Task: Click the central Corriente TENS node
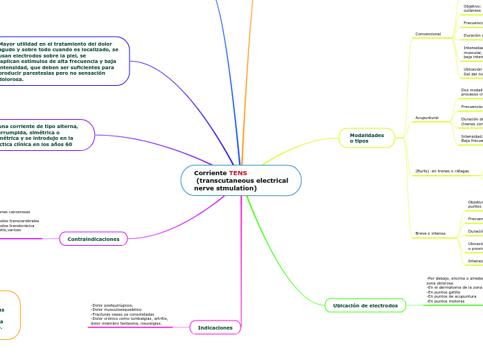[240, 181]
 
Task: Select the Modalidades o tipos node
[367, 138]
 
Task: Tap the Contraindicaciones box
[94, 239]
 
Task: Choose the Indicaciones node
[215, 327]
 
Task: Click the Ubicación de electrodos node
[365, 305]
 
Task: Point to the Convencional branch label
[428, 34]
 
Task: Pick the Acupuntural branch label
[427, 118]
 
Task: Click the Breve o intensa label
[430, 233]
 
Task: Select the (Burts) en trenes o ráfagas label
[442, 171]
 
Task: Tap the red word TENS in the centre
[238, 173]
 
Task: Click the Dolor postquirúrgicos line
[112, 305]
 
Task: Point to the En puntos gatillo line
[444, 292]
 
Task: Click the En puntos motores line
[446, 301]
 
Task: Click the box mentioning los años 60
[42, 135]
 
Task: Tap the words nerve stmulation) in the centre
[225, 188]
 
